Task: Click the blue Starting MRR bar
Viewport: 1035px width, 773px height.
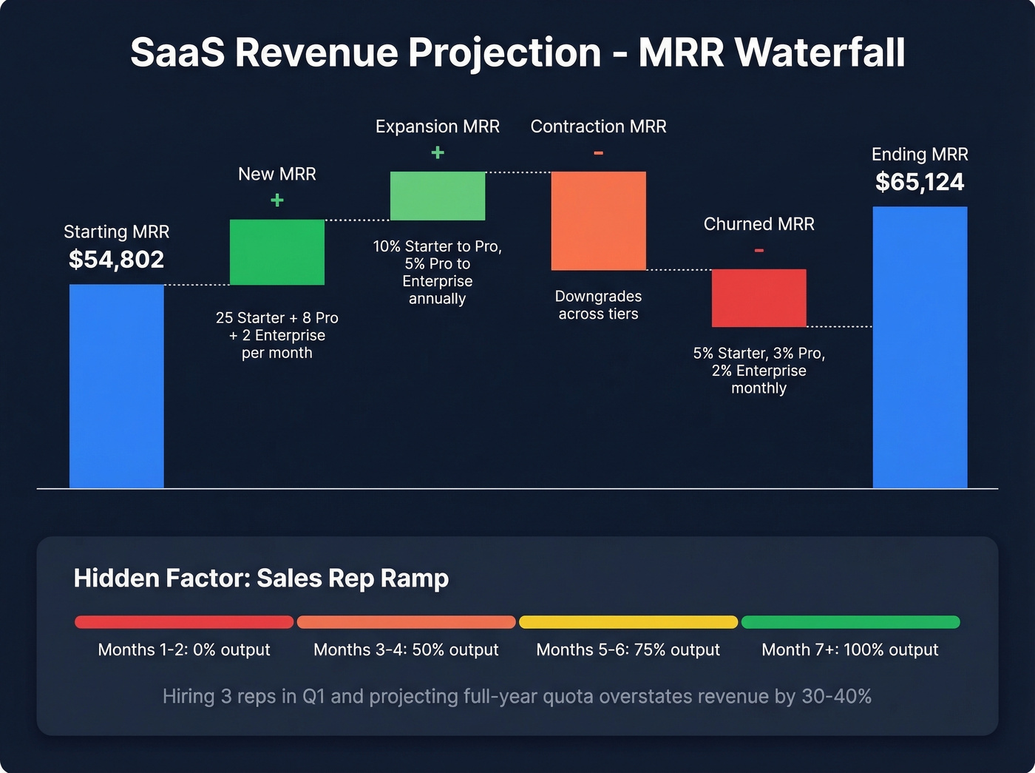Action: [x=116, y=386]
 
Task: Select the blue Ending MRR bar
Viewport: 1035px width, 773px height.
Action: [x=920, y=348]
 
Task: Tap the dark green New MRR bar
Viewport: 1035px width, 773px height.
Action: [x=277, y=252]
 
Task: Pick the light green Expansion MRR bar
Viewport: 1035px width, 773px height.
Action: [x=438, y=196]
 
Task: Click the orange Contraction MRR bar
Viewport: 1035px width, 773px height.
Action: [x=599, y=220]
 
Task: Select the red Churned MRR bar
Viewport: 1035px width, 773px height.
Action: [x=759, y=298]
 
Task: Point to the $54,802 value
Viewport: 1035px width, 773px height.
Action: [x=116, y=260]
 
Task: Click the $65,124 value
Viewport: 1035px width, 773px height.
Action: [x=920, y=182]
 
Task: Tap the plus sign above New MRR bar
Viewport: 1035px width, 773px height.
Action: [x=277, y=200]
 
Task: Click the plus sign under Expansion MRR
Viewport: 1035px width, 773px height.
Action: [x=438, y=152]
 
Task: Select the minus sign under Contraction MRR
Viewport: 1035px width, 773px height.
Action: [x=599, y=153]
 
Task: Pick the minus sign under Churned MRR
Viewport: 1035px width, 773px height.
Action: [x=759, y=251]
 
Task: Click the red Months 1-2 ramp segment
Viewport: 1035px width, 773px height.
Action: [x=184, y=622]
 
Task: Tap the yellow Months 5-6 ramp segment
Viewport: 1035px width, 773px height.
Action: [x=628, y=622]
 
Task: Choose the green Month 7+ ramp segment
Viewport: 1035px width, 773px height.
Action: [x=850, y=622]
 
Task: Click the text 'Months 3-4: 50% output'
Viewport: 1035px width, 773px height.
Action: [x=406, y=649]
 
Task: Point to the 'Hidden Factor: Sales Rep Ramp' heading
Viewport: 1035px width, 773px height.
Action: [x=261, y=578]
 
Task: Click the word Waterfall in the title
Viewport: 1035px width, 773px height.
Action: [x=820, y=53]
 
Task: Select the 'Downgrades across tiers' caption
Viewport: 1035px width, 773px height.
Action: [x=598, y=305]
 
